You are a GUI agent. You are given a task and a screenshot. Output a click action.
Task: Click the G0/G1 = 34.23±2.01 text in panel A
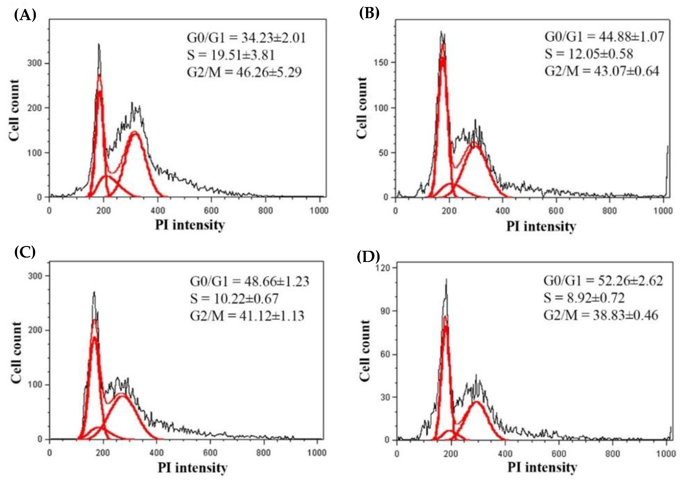246,38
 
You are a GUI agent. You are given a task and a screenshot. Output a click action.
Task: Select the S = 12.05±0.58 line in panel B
589,54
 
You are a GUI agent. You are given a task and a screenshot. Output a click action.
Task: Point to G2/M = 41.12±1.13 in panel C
247,316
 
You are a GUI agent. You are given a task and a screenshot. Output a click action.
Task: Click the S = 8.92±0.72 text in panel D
584,298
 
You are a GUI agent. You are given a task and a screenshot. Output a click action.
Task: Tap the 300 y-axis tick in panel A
34,63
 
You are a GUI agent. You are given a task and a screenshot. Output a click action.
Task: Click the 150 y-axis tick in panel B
381,63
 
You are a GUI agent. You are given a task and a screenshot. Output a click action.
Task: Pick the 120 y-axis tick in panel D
383,268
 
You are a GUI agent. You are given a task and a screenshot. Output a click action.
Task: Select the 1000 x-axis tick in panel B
663,211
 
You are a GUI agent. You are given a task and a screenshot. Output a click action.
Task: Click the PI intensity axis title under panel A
190,225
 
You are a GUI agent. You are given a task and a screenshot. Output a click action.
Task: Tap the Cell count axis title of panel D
365,351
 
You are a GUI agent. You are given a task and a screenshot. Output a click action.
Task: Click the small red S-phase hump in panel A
106,176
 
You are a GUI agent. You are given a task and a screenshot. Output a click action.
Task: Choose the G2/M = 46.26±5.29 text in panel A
244,72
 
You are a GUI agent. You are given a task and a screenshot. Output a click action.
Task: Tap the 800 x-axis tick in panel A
266,210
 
